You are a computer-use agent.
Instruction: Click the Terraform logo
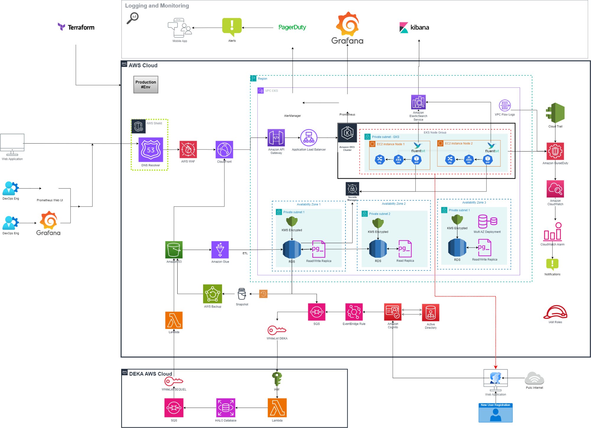click(76, 27)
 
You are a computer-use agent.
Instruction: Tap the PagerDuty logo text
click(292, 27)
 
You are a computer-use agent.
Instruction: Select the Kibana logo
click(414, 27)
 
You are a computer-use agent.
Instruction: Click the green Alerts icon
click(232, 27)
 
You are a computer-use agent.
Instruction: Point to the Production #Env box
click(146, 84)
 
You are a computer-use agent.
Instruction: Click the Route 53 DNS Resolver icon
click(151, 149)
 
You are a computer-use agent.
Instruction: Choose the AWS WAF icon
click(188, 149)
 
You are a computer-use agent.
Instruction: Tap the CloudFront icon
click(224, 149)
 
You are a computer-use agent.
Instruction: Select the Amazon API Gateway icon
click(276, 138)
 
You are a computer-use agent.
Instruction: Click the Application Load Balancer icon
click(309, 138)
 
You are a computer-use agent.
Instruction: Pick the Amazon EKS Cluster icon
click(347, 134)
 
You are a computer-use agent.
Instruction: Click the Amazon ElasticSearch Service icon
click(418, 102)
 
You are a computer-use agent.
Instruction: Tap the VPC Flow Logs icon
click(505, 105)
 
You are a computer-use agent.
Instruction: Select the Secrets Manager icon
click(352, 188)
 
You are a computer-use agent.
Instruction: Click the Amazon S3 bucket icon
click(174, 250)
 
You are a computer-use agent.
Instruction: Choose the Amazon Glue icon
click(220, 250)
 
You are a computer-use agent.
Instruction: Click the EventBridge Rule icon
click(354, 312)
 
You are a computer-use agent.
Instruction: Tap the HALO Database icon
click(225, 408)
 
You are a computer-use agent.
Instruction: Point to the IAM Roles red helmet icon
click(555, 313)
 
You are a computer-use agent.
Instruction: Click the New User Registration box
click(495, 413)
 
